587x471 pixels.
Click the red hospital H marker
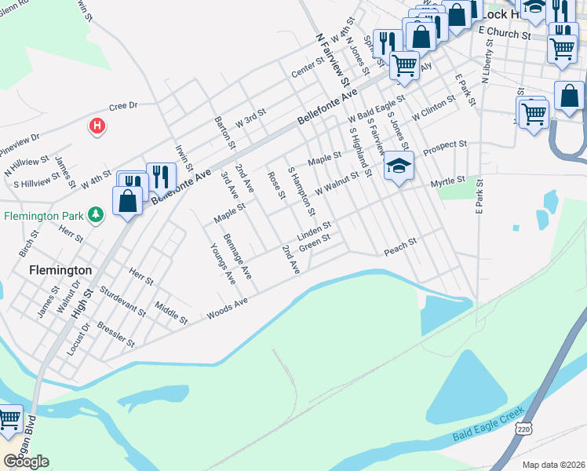97,125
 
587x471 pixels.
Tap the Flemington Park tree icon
96,214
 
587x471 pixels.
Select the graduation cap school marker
399,166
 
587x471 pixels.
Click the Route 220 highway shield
524,429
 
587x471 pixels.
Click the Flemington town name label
60,269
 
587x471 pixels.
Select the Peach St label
400,249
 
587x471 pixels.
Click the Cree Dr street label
123,106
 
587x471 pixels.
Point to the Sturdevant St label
123,301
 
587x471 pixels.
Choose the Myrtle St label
448,182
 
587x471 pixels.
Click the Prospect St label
445,147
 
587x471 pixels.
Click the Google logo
27,462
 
